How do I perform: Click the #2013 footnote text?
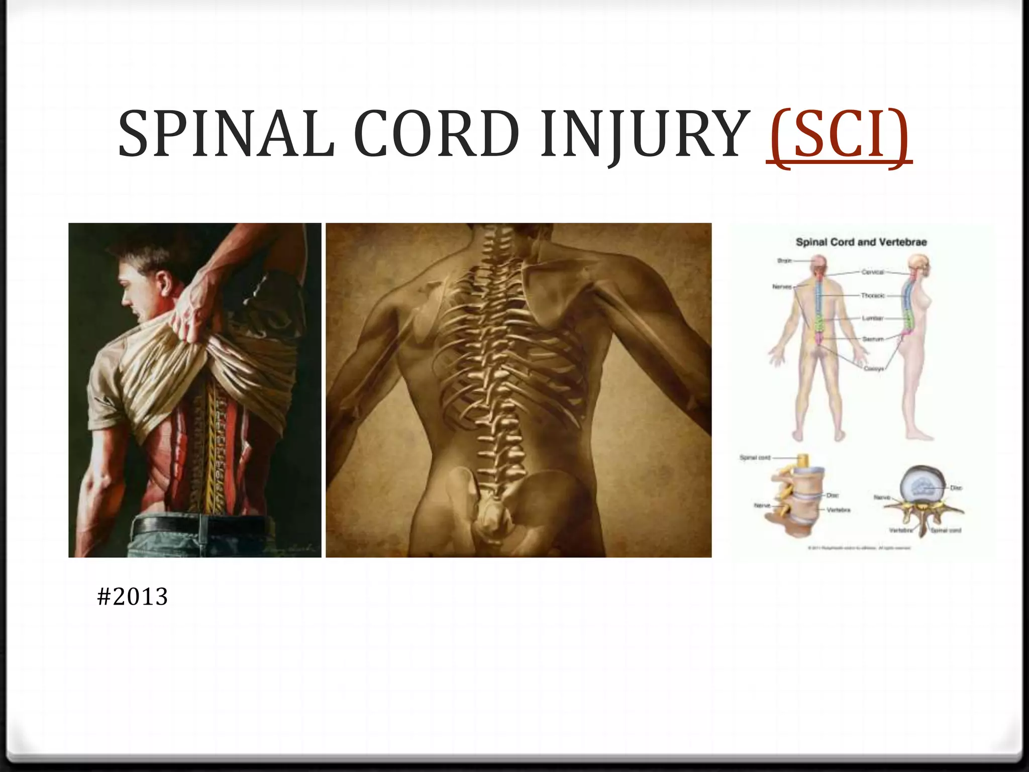click(x=133, y=597)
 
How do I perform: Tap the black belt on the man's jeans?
click(x=201, y=526)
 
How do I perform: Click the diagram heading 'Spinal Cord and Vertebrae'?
click(x=861, y=242)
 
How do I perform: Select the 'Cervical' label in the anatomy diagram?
click(x=873, y=272)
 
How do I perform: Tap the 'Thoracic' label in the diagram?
click(x=873, y=296)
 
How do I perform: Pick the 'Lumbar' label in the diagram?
click(x=873, y=318)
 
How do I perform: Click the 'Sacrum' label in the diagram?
click(x=873, y=339)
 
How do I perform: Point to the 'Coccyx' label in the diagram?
click(x=874, y=368)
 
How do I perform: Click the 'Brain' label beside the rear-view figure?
click(x=784, y=260)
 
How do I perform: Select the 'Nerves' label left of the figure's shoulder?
click(x=782, y=286)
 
